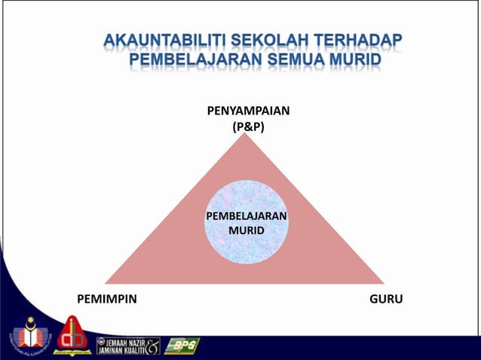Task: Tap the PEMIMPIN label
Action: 107,299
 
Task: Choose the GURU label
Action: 386,299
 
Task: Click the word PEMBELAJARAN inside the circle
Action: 247,217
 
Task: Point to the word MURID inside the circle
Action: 247,230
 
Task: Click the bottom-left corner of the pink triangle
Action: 106,282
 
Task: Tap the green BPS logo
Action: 182,346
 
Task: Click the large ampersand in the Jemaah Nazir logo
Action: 154,346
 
